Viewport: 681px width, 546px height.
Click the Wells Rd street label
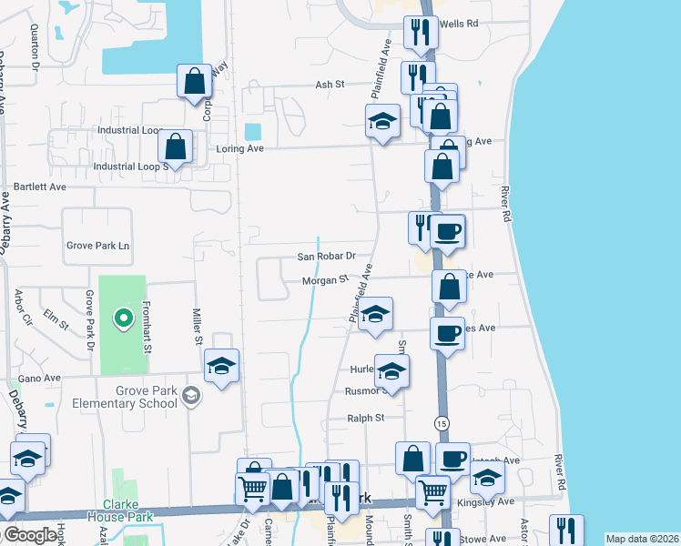point(459,25)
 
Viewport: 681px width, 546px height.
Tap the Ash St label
point(329,84)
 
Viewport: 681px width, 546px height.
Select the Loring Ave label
point(239,147)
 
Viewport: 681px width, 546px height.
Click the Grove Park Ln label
point(98,246)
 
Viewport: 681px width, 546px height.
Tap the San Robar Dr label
point(325,258)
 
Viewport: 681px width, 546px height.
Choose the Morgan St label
point(326,281)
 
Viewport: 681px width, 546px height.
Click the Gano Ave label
point(39,378)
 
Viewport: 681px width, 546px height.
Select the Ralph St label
point(366,418)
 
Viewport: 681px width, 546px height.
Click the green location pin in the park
point(122,318)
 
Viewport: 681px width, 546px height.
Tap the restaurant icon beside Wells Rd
point(419,33)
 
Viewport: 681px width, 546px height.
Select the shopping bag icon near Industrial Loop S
point(175,146)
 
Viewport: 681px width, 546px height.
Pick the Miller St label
point(198,327)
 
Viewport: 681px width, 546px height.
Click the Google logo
point(29,536)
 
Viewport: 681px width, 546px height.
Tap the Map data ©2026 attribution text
point(641,539)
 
